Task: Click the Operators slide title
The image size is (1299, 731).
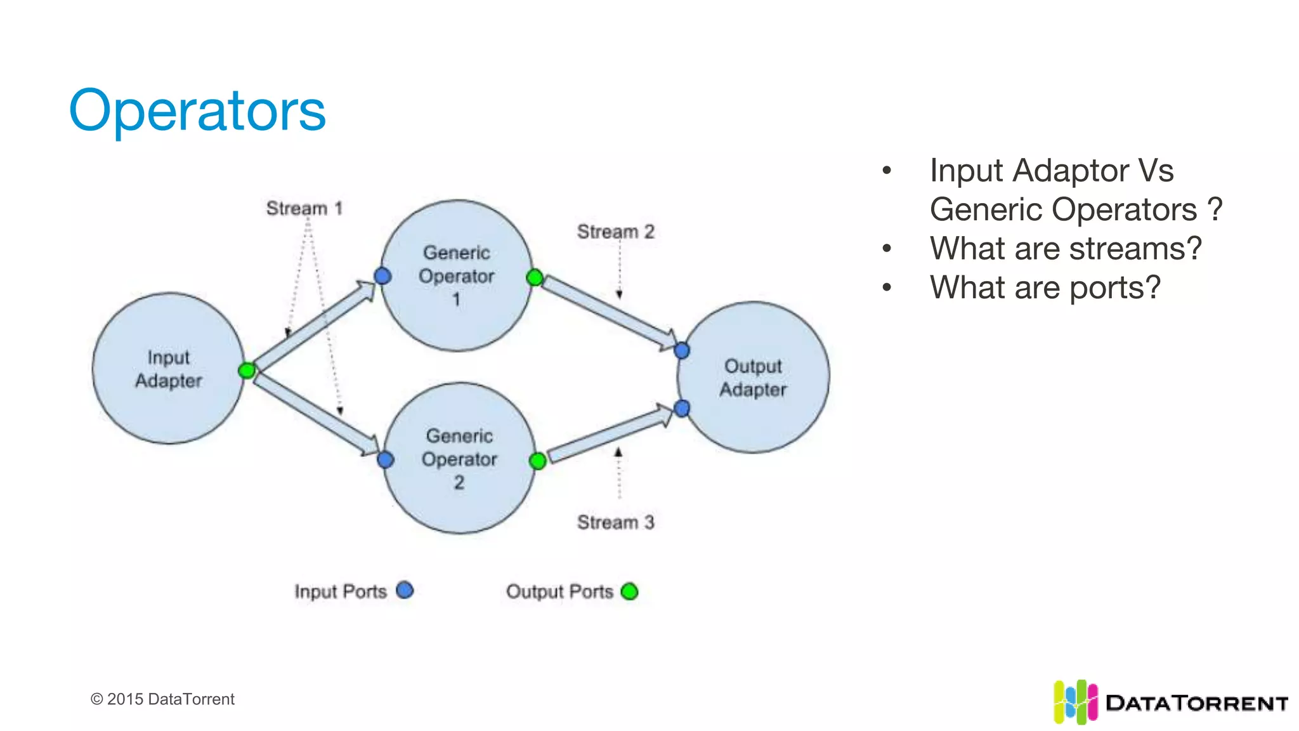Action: click(197, 110)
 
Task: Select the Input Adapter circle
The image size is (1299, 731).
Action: click(168, 369)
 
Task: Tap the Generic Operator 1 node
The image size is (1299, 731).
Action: click(457, 276)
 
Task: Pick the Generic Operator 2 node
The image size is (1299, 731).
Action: click(459, 458)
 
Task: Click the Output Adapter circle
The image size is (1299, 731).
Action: click(753, 378)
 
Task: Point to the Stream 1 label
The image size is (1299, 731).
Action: click(304, 208)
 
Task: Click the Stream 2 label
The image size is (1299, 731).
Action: click(615, 232)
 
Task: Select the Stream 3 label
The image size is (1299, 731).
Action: click(615, 522)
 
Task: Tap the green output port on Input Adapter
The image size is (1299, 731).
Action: click(247, 370)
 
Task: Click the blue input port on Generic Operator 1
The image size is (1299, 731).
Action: click(382, 276)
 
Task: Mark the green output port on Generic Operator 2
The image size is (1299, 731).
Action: click(537, 461)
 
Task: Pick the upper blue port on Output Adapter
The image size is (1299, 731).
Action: click(682, 350)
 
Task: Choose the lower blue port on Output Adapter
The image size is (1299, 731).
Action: click(682, 409)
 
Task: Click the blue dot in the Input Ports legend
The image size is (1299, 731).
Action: click(405, 591)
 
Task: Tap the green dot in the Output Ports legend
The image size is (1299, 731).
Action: click(629, 591)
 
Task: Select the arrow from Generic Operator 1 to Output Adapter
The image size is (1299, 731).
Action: click(609, 312)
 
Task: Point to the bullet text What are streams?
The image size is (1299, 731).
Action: click(1066, 248)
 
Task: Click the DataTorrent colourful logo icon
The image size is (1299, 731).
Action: click(1074, 702)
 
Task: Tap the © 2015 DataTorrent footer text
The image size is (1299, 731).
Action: click(162, 699)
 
